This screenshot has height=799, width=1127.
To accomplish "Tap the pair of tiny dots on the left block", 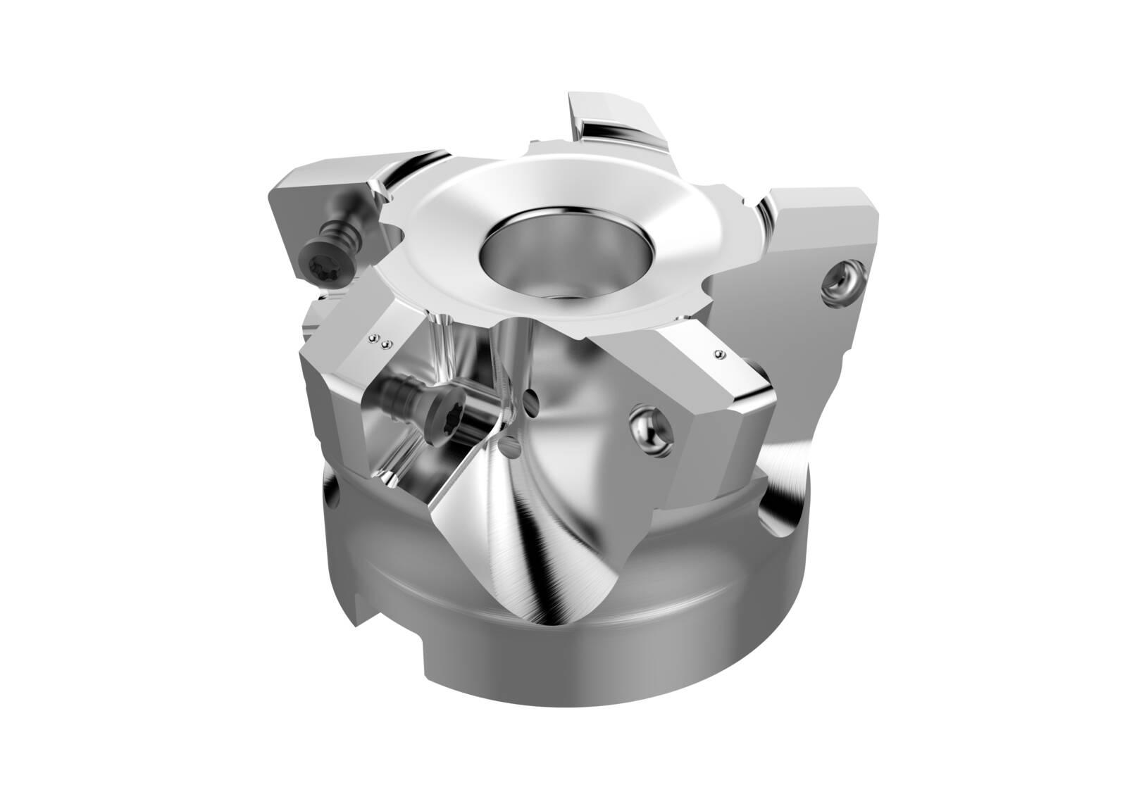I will [x=380, y=343].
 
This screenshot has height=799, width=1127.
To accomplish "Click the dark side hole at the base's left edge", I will [x=331, y=493].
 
